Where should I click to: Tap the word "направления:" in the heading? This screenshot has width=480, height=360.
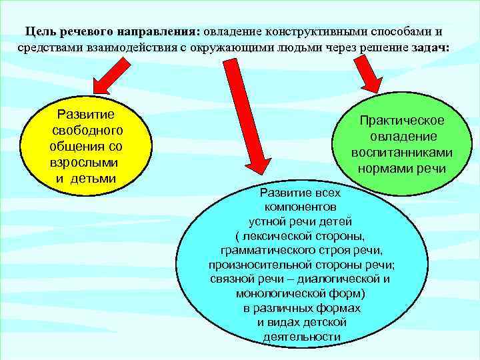click(159, 31)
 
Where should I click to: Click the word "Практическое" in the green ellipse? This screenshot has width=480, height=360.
click(401, 121)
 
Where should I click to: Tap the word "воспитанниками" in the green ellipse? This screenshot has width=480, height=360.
click(402, 153)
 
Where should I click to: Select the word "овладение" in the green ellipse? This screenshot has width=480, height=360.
click(401, 137)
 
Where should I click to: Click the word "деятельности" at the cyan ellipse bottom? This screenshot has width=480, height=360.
click(301, 337)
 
